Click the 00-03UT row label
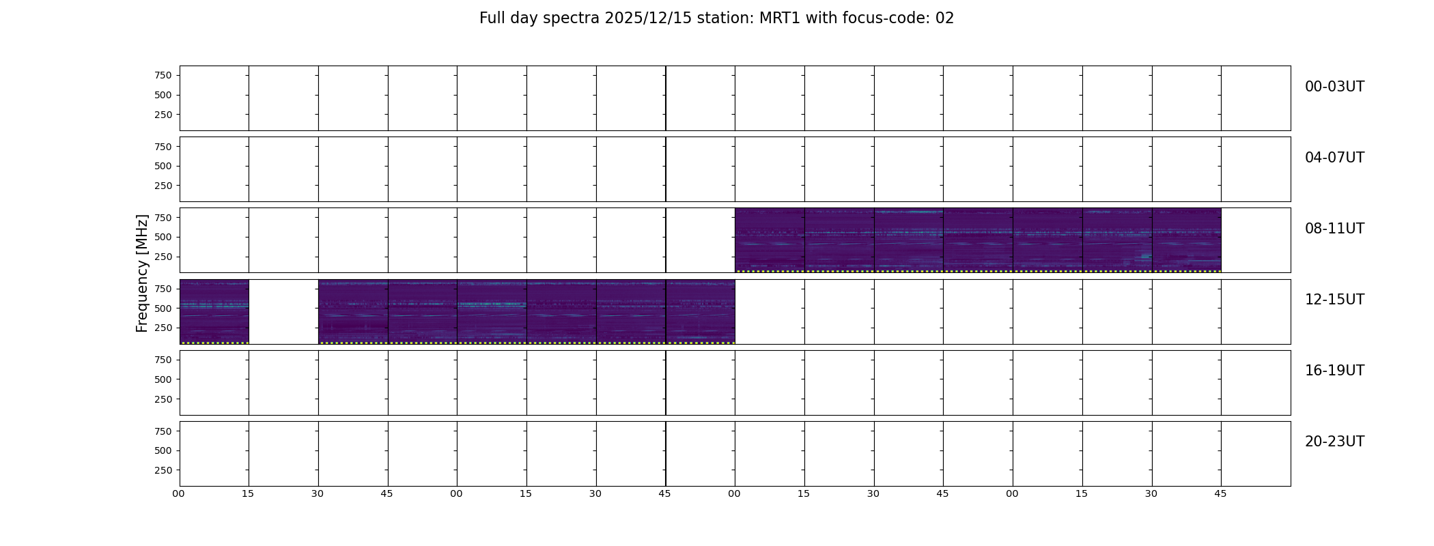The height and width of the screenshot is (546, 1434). click(x=1334, y=87)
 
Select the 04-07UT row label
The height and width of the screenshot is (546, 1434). click(x=1334, y=158)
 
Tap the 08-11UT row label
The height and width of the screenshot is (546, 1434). click(x=1334, y=229)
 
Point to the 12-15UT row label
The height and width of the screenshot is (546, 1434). click(x=1334, y=300)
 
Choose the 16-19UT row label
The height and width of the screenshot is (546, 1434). click(x=1334, y=371)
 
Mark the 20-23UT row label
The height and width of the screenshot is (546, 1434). click(x=1334, y=442)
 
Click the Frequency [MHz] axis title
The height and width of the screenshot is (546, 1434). click(x=142, y=273)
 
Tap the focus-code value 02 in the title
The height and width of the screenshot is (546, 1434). click(x=944, y=18)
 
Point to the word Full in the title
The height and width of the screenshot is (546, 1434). click(x=492, y=18)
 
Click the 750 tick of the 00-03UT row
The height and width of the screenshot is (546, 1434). click(x=163, y=75)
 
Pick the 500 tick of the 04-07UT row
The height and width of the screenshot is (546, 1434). click(x=163, y=166)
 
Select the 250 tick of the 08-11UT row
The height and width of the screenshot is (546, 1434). click(x=163, y=257)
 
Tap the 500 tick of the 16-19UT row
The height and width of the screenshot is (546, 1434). click(x=163, y=379)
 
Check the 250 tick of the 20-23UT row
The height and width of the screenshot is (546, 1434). click(x=163, y=470)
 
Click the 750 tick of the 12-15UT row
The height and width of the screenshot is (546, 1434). click(x=163, y=289)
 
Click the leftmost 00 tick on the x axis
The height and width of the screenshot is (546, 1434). click(x=178, y=493)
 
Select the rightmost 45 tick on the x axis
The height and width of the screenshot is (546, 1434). click(x=1220, y=493)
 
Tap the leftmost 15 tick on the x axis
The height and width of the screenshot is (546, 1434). click(x=248, y=493)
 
